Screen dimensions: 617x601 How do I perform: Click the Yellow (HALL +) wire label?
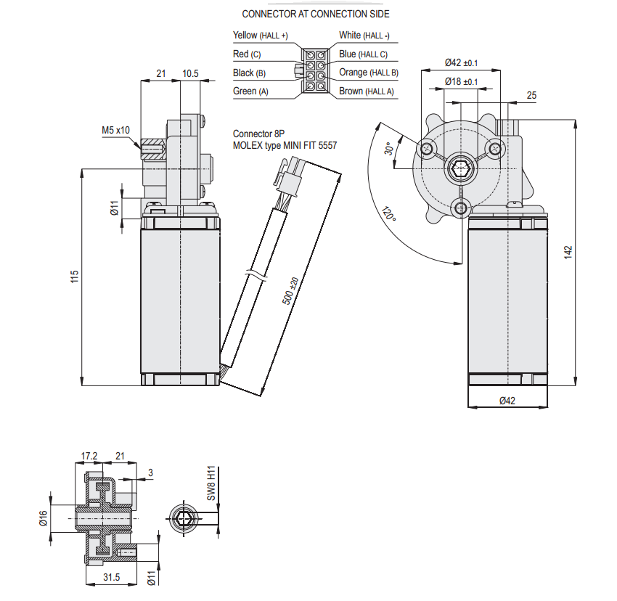pyautogui.click(x=260, y=36)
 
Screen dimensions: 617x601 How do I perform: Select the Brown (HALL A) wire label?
pyautogui.click(x=367, y=91)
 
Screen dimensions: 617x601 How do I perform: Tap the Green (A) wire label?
pyautogui.click(x=250, y=91)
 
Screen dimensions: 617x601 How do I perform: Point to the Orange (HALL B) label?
pyautogui.click(x=369, y=73)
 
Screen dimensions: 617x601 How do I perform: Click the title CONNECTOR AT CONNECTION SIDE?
pyautogui.click(x=316, y=15)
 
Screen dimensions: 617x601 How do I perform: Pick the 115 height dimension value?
pyautogui.click(x=74, y=277)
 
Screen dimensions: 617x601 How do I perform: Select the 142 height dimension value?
pyautogui.click(x=568, y=253)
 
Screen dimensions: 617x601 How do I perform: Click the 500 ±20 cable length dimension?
pyautogui.click(x=290, y=291)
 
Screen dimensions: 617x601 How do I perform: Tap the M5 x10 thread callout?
pyautogui.click(x=115, y=130)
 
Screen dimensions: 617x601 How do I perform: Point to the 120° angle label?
pyautogui.click(x=389, y=213)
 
